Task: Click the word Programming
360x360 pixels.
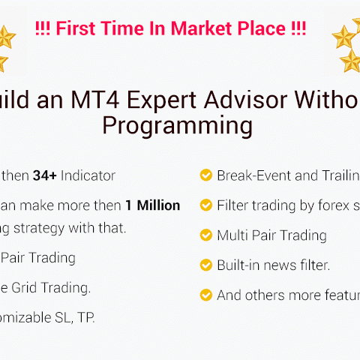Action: click(x=177, y=125)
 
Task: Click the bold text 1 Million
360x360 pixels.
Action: click(x=153, y=205)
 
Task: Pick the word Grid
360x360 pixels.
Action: click(x=31, y=286)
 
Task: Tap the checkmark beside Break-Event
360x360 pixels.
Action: click(x=205, y=175)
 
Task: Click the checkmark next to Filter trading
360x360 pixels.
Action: click(x=205, y=205)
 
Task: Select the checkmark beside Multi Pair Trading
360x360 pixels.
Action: click(x=205, y=235)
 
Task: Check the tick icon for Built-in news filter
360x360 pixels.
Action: click(x=205, y=265)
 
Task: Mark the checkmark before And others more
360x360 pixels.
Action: click(x=205, y=295)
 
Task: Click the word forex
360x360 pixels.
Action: click(x=325, y=205)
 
